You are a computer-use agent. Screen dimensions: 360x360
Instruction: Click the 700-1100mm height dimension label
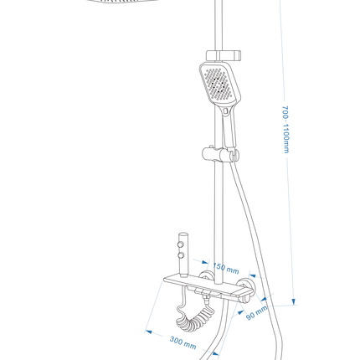click(x=285, y=129)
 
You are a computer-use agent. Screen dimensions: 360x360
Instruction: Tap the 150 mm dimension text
click(x=226, y=268)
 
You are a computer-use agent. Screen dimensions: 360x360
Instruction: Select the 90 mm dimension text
click(x=257, y=312)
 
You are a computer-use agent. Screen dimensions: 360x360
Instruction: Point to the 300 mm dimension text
click(x=183, y=342)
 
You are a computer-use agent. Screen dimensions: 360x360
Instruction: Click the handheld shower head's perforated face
click(x=219, y=85)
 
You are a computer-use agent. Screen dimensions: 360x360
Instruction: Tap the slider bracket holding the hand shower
click(x=220, y=155)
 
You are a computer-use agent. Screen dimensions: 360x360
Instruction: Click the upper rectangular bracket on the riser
click(x=224, y=55)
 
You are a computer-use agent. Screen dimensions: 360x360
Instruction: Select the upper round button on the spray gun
click(x=181, y=244)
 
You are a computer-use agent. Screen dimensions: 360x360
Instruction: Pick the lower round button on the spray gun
click(x=181, y=255)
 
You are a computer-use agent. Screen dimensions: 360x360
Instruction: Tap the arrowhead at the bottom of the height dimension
click(x=293, y=301)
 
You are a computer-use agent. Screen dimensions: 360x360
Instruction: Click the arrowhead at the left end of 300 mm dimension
click(x=149, y=332)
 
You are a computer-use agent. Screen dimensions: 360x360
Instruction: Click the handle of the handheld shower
click(x=229, y=128)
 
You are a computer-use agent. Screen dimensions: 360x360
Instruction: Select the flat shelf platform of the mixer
click(x=207, y=285)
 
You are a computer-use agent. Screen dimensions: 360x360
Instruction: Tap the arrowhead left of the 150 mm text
click(x=205, y=262)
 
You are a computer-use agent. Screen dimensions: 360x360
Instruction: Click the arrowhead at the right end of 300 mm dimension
click(x=215, y=354)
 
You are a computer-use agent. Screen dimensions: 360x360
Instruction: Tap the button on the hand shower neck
click(x=225, y=112)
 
